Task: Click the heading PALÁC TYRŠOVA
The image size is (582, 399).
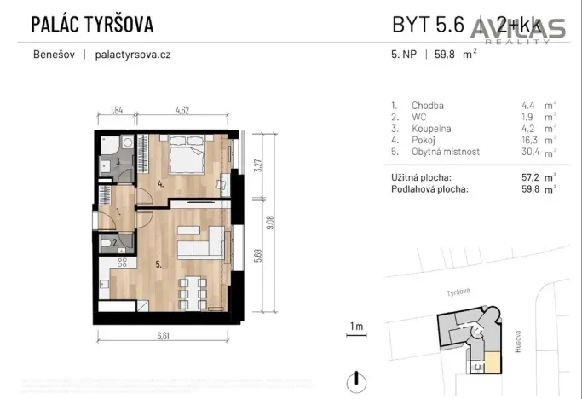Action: [92, 24]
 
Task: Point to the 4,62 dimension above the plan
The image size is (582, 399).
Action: [182, 110]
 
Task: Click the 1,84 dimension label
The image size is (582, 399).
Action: [117, 110]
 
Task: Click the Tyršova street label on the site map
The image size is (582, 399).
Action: [458, 292]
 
